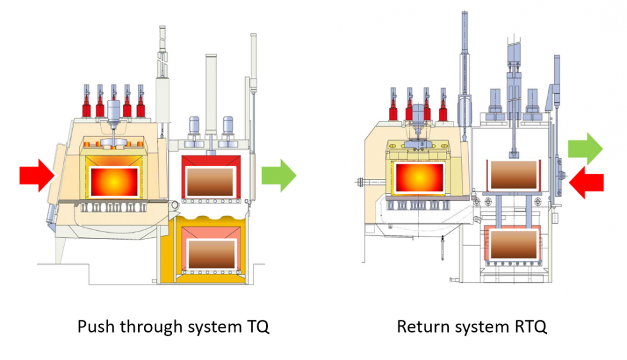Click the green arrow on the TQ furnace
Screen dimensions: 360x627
point(279,175)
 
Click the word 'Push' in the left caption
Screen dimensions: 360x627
point(95,327)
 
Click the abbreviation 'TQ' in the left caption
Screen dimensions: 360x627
point(257,327)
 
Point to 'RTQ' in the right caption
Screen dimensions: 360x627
point(532,327)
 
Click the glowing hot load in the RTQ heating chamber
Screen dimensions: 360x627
point(420,178)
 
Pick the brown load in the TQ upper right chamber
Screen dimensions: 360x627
point(208,182)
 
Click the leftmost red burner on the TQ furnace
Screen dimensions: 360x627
point(86,102)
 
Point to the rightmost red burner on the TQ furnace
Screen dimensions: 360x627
point(141,102)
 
